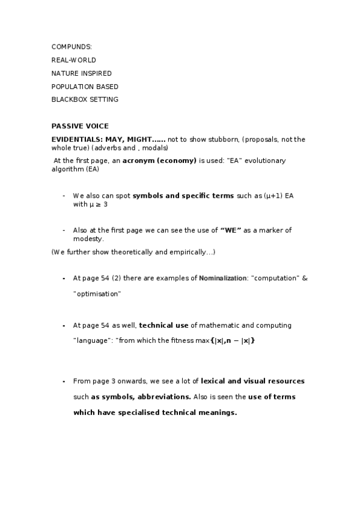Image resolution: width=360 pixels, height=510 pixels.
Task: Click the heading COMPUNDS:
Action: click(72, 46)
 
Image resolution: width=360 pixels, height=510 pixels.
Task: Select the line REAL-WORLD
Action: click(74, 60)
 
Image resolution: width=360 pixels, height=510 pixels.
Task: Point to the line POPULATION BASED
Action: click(85, 87)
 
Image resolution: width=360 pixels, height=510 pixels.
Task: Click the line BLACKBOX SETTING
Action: click(85, 99)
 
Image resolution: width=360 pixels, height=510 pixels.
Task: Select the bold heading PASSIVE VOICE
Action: click(80, 126)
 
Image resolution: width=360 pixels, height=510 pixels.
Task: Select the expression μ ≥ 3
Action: click(99, 204)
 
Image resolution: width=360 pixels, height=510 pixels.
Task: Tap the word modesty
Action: click(88, 239)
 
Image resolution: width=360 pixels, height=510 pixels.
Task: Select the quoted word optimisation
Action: click(97, 294)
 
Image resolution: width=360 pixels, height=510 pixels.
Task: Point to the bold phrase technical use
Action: click(163, 325)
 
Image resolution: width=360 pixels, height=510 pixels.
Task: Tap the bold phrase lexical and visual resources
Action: click(252, 381)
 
